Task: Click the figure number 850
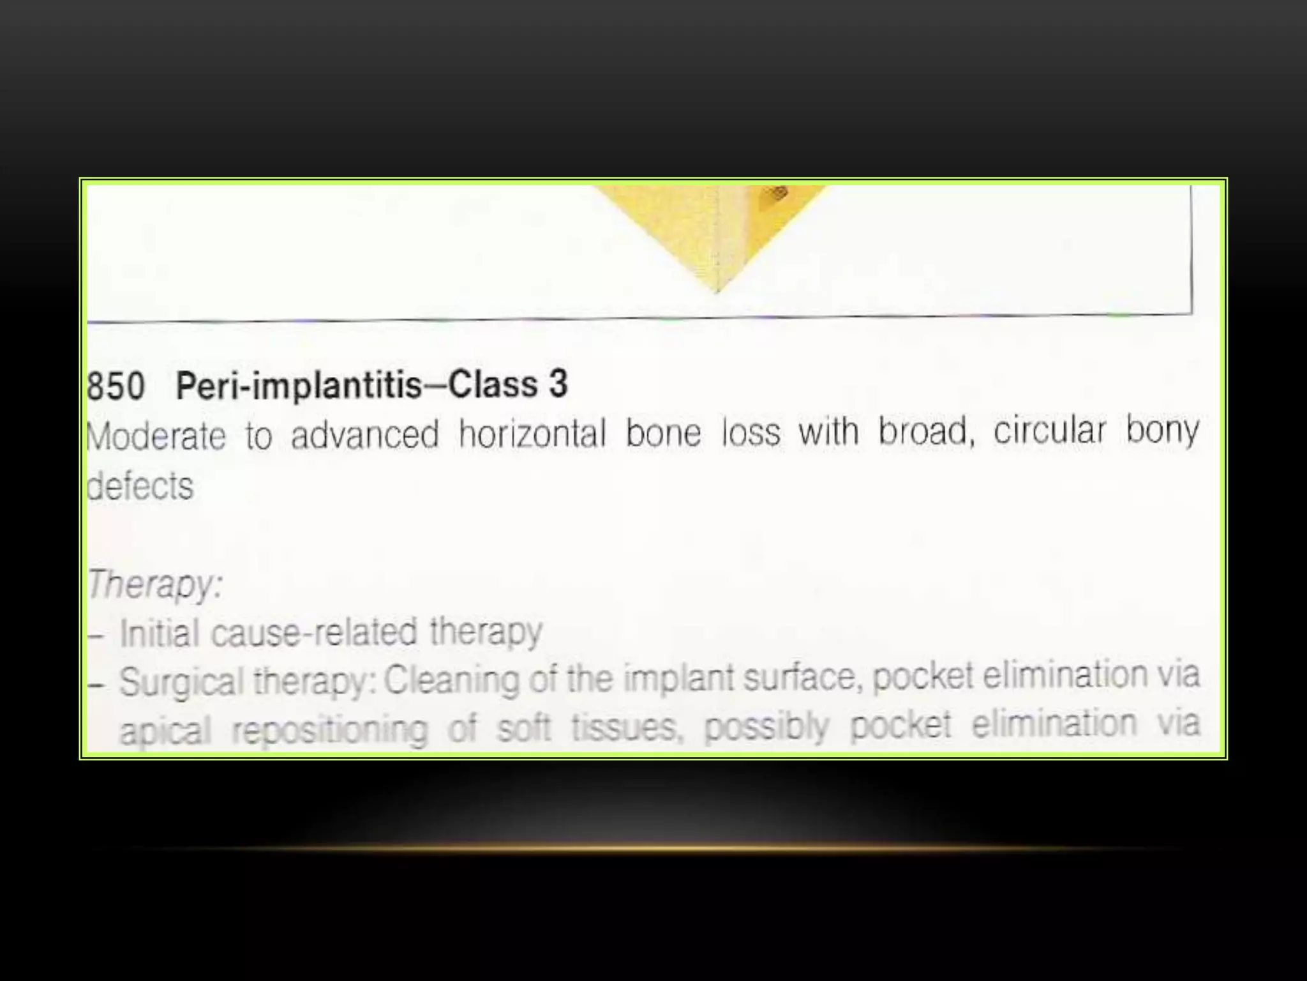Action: [116, 386]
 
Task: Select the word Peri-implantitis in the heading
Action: [299, 386]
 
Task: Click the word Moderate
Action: [156, 437]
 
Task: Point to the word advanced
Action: [365, 434]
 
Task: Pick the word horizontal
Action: [532, 434]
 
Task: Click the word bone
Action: [663, 433]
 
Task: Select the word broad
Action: [925, 431]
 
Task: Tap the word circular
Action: [1049, 430]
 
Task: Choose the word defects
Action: [140, 487]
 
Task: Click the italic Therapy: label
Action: [155, 584]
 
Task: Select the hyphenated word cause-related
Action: [314, 633]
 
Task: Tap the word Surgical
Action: [182, 681]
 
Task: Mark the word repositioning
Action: [329, 730]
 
